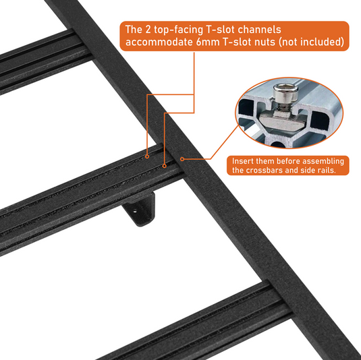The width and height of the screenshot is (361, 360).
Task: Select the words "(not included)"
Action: pyautogui.click(x=312, y=42)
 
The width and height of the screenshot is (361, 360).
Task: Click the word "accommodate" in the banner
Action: pyautogui.click(x=159, y=42)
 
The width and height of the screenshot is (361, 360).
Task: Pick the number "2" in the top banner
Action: pyautogui.click(x=148, y=30)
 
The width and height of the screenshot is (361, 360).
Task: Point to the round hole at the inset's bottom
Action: pyautogui.click(x=277, y=144)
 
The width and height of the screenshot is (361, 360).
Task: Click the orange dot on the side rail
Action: pyautogui.click(x=182, y=159)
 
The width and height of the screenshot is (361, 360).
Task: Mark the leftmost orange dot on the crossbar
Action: pyautogui.click(x=147, y=156)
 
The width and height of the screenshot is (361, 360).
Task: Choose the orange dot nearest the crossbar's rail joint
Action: pyautogui.click(x=165, y=166)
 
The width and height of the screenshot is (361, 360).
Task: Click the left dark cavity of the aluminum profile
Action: pyautogui.click(x=246, y=108)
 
